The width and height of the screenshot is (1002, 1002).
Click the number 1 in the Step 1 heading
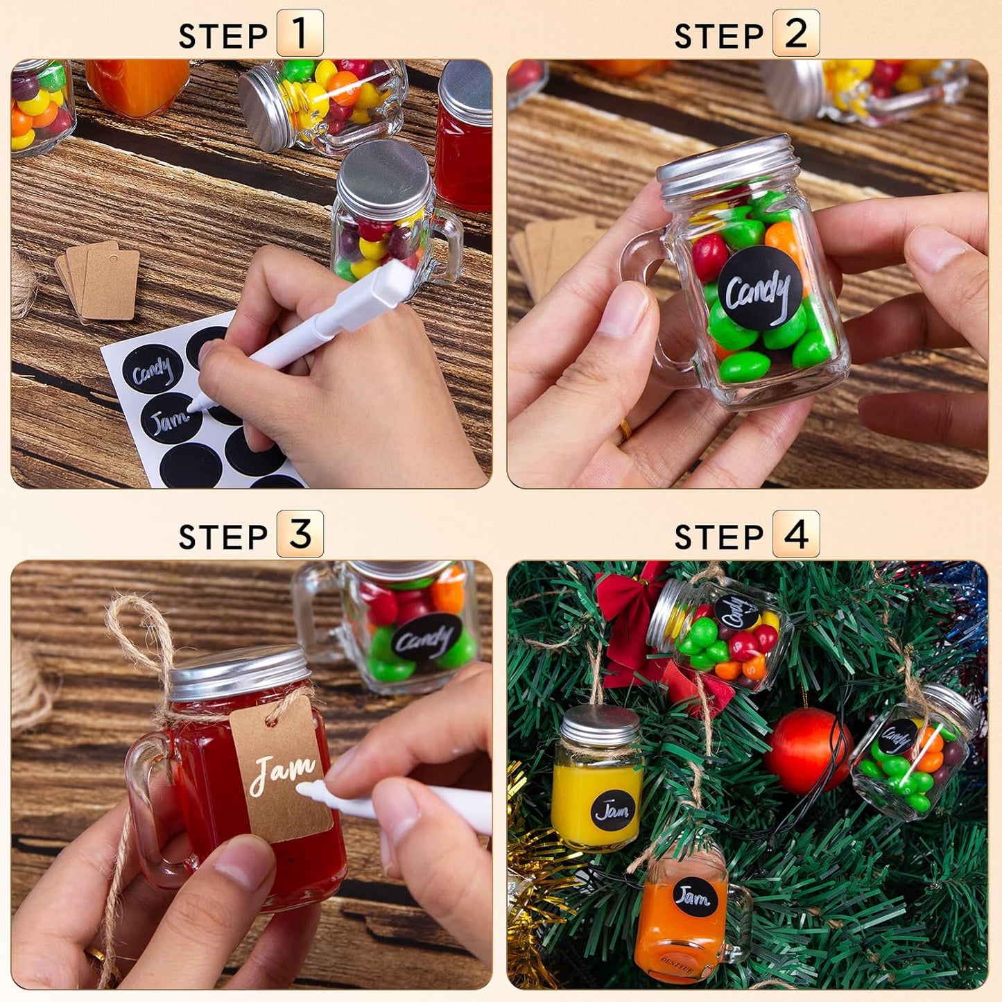300,33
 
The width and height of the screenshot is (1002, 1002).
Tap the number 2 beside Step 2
795,33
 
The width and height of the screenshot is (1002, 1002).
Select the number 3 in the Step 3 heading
300,534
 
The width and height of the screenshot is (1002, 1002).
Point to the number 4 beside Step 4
795,534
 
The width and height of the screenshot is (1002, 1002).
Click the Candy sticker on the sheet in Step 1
153,370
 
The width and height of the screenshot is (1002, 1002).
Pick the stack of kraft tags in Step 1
101,281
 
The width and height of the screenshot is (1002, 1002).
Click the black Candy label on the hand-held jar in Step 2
759,289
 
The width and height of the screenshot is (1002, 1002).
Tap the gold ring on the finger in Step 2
624,430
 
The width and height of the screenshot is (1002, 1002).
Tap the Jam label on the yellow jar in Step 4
613,810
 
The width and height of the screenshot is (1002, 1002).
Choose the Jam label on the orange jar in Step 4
693,897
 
